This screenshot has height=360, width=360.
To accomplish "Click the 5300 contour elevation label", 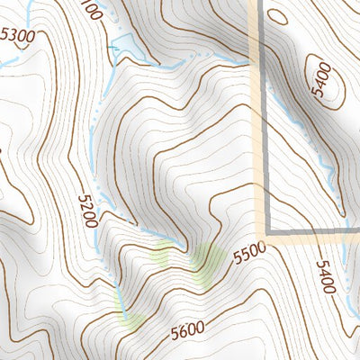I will click(x=21, y=37).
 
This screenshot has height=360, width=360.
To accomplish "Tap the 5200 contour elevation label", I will click(x=87, y=211).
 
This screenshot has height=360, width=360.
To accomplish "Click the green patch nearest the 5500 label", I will click(x=208, y=262).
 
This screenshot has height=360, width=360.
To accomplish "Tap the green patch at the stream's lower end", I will click(x=131, y=316).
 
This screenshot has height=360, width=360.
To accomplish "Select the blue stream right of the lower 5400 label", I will click(x=347, y=297).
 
